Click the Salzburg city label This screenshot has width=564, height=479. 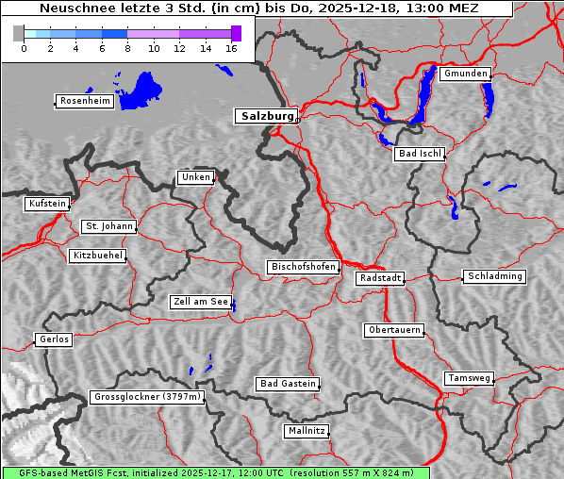pos(265,116)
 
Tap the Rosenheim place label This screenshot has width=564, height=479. pos(85,101)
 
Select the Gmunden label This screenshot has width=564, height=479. pos(465,74)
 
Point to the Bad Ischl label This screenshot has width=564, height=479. pos(419,154)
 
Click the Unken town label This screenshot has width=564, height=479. pos(195,177)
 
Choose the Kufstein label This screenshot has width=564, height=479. pos(47,204)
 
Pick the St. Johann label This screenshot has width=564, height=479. pos(108,226)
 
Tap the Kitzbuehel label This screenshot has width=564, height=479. pos(97,256)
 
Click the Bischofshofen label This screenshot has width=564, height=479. pos(303,268)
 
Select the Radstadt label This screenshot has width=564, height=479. pos(380,278)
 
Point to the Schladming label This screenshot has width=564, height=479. pos(493,276)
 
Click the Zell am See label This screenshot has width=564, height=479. pos(201,302)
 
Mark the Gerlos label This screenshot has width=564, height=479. pos(54,339)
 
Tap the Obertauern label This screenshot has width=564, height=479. pos(393,330)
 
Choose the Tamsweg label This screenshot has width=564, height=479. pos(469,378)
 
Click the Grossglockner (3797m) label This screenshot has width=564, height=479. pos(147,397)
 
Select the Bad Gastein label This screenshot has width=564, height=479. pos(288,384)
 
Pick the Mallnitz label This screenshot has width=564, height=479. pos(307,431)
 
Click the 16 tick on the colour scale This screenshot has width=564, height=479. pos(230,48)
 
